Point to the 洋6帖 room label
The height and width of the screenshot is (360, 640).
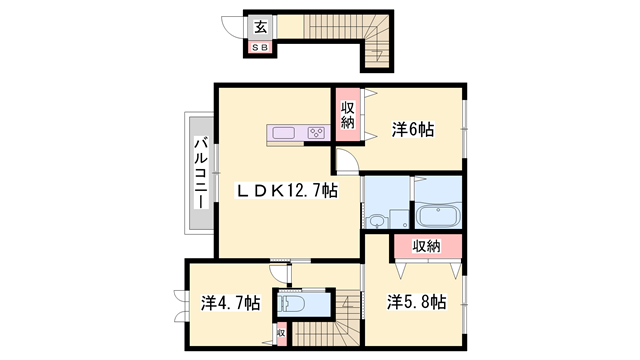point(412,129)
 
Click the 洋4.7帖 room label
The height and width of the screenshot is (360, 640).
point(230,302)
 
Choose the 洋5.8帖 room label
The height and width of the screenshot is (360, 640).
point(416,301)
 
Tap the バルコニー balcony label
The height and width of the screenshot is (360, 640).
point(200,172)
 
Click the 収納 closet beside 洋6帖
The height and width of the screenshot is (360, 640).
point(347,115)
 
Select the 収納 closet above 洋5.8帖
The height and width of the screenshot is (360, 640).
point(427,246)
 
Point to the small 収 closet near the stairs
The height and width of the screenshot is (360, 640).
point(281,333)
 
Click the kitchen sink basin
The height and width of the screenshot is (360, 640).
point(281,133)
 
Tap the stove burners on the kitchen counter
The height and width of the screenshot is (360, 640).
point(316,133)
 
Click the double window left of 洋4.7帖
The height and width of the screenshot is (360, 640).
point(181,305)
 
